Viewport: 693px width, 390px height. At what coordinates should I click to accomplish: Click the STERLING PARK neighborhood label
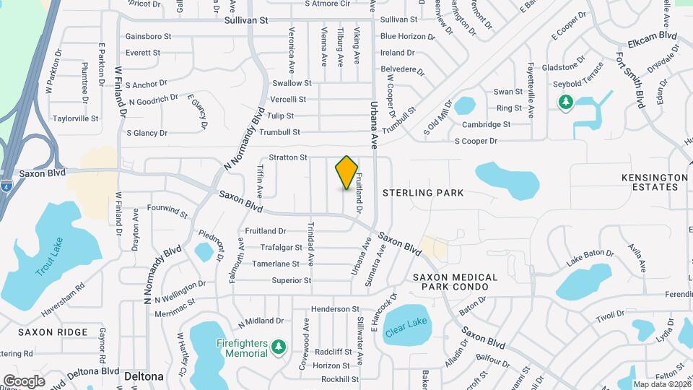click(x=423, y=193)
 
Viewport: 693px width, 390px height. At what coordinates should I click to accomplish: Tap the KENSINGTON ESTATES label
click(x=655, y=182)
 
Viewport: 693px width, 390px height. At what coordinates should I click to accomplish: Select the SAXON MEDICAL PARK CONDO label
click(x=456, y=282)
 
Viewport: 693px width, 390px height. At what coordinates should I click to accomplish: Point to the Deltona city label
click(x=143, y=377)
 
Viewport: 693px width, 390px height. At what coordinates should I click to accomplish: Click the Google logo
click(x=24, y=381)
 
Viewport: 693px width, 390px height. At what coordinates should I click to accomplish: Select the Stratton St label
click(x=288, y=157)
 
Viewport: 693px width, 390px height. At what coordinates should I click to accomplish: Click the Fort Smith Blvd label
click(x=629, y=76)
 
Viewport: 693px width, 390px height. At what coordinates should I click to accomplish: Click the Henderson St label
click(x=335, y=309)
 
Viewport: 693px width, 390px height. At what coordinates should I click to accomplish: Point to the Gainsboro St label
click(x=148, y=36)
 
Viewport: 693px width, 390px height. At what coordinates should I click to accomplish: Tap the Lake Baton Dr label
click(x=590, y=254)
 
